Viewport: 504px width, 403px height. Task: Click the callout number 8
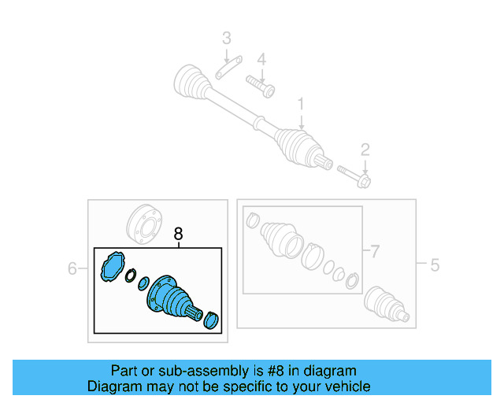pos(178,234)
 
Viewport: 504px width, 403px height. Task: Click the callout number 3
pos(227,38)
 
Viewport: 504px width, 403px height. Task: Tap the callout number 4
pos(261,60)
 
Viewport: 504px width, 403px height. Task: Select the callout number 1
pos(301,104)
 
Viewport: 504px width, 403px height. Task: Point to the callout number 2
pos(365,150)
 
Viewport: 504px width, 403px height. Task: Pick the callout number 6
pos(72,268)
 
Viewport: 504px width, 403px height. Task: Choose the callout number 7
pos(375,251)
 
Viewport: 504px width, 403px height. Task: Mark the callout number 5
pos(435,265)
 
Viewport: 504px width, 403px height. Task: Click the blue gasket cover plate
pos(113,267)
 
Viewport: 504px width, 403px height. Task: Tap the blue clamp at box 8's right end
pos(211,320)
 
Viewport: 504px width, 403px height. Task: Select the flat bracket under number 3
pos(229,68)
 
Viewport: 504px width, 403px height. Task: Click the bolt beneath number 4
pos(261,86)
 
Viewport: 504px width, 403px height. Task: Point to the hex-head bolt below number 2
pos(354,176)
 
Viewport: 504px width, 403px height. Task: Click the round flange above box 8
pos(144,224)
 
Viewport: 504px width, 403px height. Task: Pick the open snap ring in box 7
pos(352,281)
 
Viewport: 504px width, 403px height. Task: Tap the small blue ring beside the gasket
pos(131,275)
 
